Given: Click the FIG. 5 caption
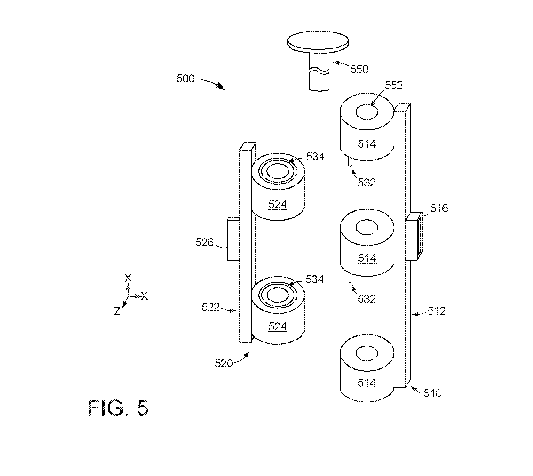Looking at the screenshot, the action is pyautogui.click(x=118, y=408).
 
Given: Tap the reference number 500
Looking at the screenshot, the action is pyautogui.click(x=186, y=79).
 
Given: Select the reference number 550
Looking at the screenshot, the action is pyautogui.click(x=359, y=69).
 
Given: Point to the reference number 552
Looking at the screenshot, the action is pyautogui.click(x=394, y=85).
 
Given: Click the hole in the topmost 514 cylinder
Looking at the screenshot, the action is pyautogui.click(x=367, y=112).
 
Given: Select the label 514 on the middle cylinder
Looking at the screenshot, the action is pyautogui.click(x=367, y=258).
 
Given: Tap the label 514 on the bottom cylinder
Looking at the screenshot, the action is pyautogui.click(x=367, y=383).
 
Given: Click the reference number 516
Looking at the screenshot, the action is pyautogui.click(x=439, y=208).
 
